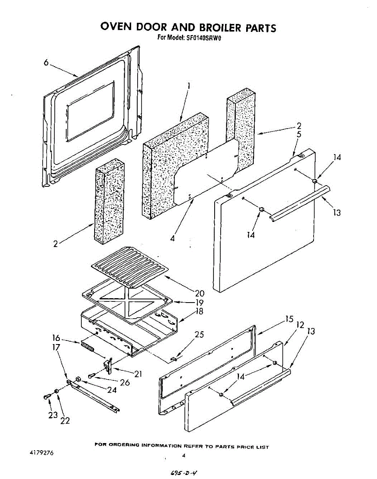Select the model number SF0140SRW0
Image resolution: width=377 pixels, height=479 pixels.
click(x=204, y=38)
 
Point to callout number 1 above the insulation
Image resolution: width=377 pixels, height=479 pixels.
click(x=188, y=85)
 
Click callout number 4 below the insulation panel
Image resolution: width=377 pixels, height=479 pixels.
click(x=172, y=238)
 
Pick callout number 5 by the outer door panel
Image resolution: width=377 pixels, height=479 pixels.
click(x=299, y=134)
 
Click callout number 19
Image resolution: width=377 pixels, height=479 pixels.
click(x=199, y=303)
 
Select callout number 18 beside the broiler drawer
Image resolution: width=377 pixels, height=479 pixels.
click(x=199, y=312)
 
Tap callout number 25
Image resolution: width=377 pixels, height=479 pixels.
click(x=199, y=335)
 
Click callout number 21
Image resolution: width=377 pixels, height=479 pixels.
click(x=138, y=374)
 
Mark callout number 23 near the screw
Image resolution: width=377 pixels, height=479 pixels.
click(x=53, y=415)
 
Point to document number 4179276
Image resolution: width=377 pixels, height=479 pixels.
click(x=41, y=453)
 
